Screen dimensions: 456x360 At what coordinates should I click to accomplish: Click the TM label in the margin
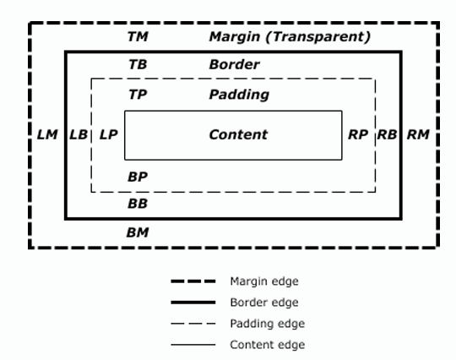138,36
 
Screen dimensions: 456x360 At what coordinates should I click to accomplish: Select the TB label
138,64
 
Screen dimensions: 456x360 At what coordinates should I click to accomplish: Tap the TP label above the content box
138,95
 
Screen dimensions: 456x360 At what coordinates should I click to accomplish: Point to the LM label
47,134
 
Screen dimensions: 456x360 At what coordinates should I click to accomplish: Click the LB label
79,134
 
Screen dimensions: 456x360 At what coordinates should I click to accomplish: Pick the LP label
108,134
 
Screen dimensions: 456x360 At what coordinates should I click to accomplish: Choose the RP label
358,134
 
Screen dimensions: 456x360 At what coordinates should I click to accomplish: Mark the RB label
387,134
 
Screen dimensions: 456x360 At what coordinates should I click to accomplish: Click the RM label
418,134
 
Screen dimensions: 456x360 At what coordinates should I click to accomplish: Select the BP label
138,177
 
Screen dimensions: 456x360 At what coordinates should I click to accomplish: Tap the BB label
138,204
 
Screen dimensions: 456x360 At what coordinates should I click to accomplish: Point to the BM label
138,232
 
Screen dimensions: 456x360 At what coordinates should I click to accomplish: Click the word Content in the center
238,134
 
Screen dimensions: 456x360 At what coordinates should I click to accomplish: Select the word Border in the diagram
234,64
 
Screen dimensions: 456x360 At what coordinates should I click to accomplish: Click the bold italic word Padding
239,95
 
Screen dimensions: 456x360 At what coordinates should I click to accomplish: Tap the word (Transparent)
318,37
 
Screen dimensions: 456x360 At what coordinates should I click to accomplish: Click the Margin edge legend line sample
193,281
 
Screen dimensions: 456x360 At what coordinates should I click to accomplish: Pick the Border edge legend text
264,303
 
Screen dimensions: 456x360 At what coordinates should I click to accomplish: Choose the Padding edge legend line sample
193,324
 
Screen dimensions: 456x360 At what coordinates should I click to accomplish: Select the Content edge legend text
267,345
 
